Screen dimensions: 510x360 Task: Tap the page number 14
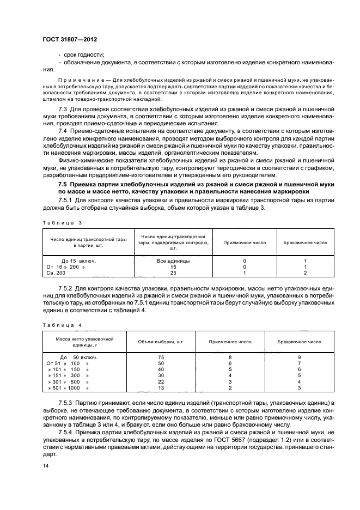coord(46,466)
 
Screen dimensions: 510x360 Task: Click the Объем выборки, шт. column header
coord(161,342)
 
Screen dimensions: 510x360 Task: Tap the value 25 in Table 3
coord(173,273)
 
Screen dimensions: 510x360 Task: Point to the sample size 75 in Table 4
coord(161,357)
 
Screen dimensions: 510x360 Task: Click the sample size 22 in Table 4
coord(161,381)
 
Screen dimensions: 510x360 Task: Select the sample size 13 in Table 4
coord(161,388)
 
